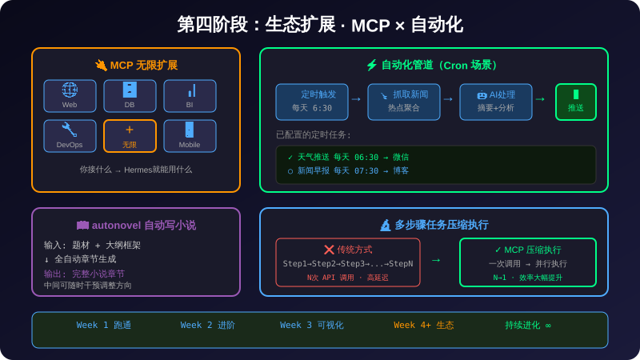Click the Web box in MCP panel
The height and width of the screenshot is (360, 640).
point(70,96)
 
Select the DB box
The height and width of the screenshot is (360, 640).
point(130,96)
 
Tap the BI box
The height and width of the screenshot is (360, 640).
point(190,96)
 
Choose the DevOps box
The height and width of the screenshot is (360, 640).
point(70,136)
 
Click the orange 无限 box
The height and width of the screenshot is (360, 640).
point(130,136)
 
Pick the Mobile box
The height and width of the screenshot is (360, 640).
point(190,136)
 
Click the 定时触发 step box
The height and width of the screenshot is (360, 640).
point(312,102)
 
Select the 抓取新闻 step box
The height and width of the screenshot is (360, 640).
point(404,102)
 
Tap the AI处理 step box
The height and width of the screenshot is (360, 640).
point(496,102)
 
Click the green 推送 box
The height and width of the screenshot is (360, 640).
point(576,102)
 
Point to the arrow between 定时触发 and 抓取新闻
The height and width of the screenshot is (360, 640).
point(357,99)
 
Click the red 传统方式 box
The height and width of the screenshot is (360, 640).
point(348,262)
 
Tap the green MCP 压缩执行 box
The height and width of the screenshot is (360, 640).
point(528,262)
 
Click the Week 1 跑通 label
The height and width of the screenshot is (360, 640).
point(104,326)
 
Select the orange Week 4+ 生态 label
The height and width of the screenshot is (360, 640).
point(424,326)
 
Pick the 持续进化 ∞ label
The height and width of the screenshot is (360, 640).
point(528,326)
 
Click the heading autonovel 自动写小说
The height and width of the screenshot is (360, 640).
point(136,226)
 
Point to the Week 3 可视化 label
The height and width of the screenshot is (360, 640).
point(312,326)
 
